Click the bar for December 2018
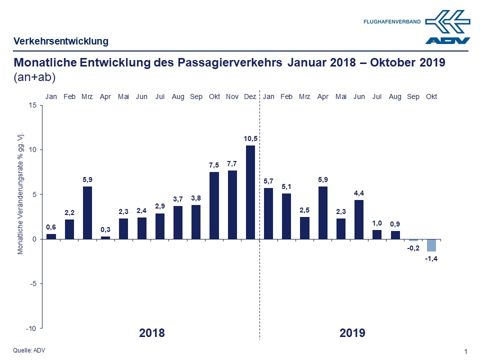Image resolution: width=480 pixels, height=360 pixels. point(250,192)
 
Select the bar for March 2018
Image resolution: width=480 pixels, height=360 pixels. point(87,212)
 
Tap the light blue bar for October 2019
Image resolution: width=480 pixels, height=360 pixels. point(431,245)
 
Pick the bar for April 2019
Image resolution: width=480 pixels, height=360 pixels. point(322,212)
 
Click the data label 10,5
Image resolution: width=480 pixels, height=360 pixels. point(250,138)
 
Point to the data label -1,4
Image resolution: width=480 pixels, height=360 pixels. point(431,258)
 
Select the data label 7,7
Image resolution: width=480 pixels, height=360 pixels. point(232,163)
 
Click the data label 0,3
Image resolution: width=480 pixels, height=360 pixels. point(105,229)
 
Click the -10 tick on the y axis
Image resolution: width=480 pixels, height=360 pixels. point(30,328)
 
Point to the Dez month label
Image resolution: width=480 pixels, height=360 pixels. point(250,96)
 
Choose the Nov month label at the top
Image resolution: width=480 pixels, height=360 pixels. point(232,96)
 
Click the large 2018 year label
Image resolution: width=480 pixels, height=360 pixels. point(151,333)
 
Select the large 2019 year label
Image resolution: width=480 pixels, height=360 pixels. point(352,333)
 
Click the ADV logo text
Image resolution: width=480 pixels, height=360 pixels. point(447,40)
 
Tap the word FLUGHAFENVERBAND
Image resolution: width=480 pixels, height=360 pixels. point(392,21)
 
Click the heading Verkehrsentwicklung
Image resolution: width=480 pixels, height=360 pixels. point(61,41)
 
